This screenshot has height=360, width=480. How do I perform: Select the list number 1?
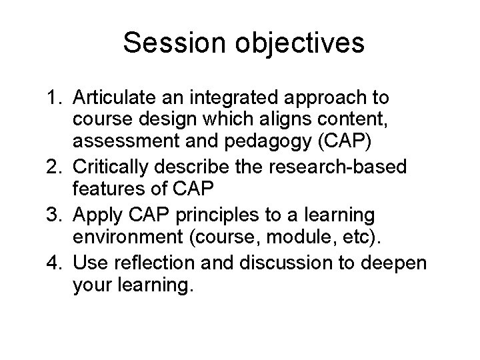pos(55,99)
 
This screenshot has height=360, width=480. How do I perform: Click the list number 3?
pos(55,215)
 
